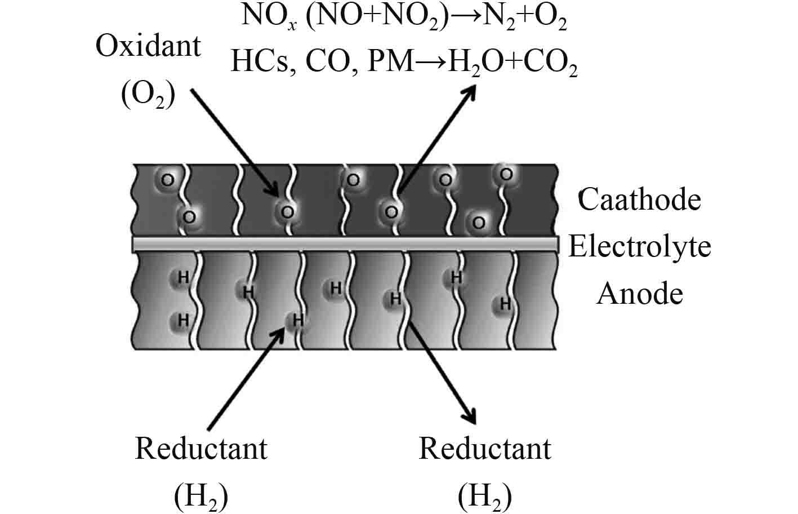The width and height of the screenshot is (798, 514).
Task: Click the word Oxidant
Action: click(148, 46)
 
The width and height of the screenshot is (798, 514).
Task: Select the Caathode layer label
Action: click(639, 200)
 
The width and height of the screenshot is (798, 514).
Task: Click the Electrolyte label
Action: click(639, 246)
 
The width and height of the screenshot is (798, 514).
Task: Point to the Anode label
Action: click(640, 294)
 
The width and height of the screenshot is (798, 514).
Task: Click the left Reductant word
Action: click(201, 449)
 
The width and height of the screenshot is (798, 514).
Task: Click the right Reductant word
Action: click(485, 449)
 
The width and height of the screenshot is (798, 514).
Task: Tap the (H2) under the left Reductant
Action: click(201, 496)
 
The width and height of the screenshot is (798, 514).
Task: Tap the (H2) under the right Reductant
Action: click(485, 496)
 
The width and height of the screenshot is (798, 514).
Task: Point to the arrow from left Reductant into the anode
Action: click(245, 380)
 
